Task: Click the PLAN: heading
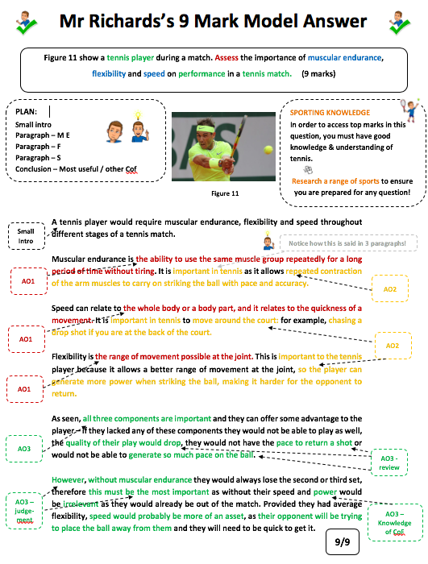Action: pyautogui.click(x=28, y=112)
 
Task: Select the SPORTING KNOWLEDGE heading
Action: pyautogui.click(x=330, y=113)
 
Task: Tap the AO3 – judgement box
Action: pyautogui.click(x=25, y=511)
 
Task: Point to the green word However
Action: pyautogui.click(x=70, y=477)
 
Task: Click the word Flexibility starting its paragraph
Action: pyautogui.click(x=73, y=355)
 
